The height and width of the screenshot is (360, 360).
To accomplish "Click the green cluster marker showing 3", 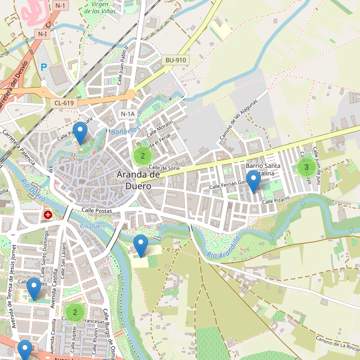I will pyautogui.click(x=306, y=167).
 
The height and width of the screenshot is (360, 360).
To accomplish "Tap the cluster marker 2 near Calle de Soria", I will pyautogui.click(x=142, y=156).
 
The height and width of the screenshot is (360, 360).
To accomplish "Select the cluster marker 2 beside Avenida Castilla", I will pyautogui.click(x=75, y=311).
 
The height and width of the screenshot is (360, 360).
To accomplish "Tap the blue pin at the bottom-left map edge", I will pyautogui.click(x=25, y=350).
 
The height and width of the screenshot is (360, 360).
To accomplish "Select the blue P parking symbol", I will pyautogui.click(x=43, y=68).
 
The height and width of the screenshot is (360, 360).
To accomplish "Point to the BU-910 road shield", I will pyautogui.click(x=176, y=60).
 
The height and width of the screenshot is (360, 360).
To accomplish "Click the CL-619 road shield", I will pyautogui.click(x=64, y=103).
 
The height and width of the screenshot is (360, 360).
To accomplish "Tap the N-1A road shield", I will pyautogui.click(x=127, y=114).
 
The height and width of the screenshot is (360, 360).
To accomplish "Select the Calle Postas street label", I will pyautogui.click(x=97, y=210).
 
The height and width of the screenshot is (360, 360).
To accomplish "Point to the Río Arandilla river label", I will pyautogui.click(x=223, y=248).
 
